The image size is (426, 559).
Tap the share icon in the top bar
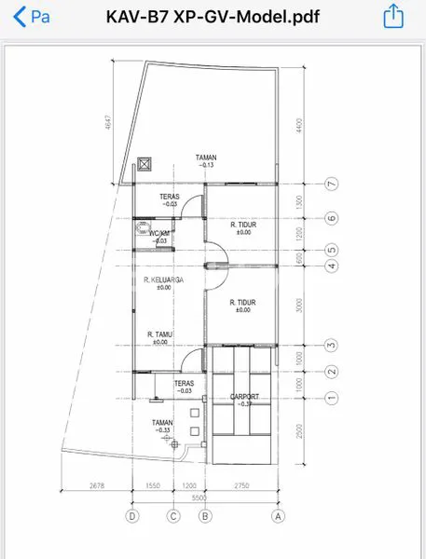393,16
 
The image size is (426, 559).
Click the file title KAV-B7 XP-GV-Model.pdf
213,16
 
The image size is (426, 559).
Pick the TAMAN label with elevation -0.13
206,160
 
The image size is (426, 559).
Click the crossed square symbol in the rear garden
144,165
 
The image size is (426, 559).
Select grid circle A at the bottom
277,514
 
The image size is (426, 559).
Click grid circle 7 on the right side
331,184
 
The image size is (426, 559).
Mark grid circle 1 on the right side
331,398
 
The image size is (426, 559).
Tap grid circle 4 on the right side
331,266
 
